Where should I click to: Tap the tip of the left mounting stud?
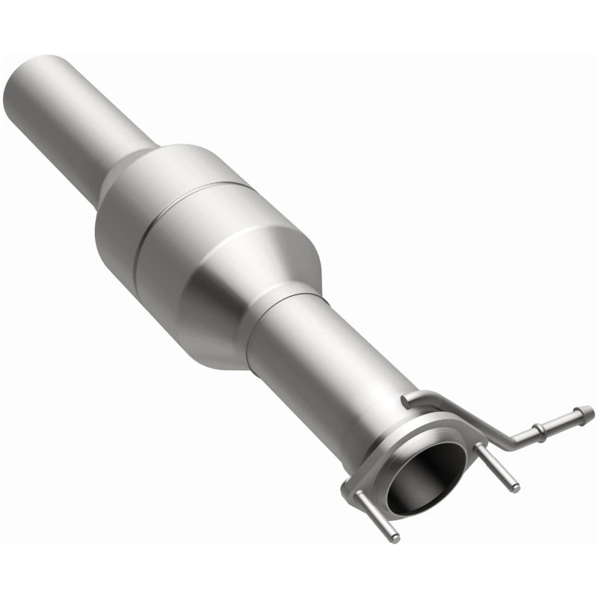click(395, 537)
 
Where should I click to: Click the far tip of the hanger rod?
click(590, 410)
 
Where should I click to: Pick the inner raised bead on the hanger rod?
click(537, 431)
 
